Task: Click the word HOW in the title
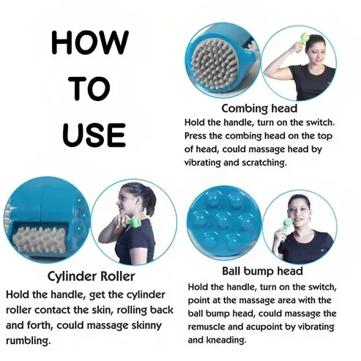pos(90,42)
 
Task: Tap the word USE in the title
pos(94,135)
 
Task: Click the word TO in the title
pos(92,88)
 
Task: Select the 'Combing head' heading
pos(259,108)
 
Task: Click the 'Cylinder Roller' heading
pos(91,277)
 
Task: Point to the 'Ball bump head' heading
pos(262,271)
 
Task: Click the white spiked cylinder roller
pos(38,240)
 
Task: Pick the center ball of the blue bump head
pos(224,219)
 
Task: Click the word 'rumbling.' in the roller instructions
pos(28,340)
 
